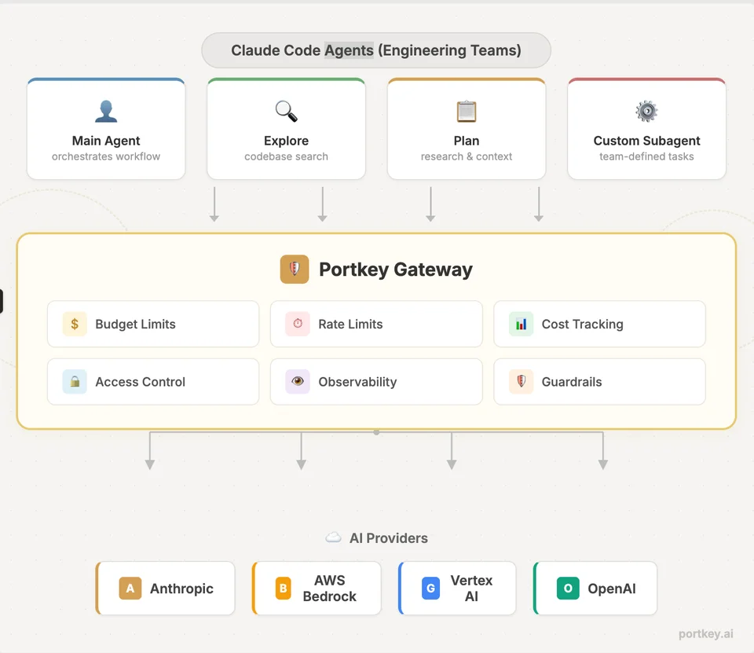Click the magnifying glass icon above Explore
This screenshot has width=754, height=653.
pyautogui.click(x=286, y=111)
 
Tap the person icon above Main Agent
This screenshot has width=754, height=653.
pyautogui.click(x=106, y=111)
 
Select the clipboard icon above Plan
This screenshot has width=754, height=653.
pyautogui.click(x=467, y=111)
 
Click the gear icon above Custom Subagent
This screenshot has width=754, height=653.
pyautogui.click(x=646, y=111)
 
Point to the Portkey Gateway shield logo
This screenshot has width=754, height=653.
pyautogui.click(x=295, y=269)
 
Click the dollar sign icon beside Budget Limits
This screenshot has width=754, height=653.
pyautogui.click(x=75, y=324)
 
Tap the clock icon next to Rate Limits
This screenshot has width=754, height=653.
pyautogui.click(x=298, y=324)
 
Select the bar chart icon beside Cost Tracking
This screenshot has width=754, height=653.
pyautogui.click(x=522, y=324)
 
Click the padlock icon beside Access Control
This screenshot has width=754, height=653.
pyautogui.click(x=75, y=382)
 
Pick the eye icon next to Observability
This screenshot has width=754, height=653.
pyautogui.click(x=298, y=382)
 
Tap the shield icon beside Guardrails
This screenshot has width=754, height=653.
pyautogui.click(x=522, y=382)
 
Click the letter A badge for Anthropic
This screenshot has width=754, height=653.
pyautogui.click(x=130, y=588)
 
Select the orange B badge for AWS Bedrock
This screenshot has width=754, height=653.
pyautogui.click(x=284, y=588)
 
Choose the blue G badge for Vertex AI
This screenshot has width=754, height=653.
pyautogui.click(x=431, y=588)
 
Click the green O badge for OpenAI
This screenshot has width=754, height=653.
pyautogui.click(x=568, y=588)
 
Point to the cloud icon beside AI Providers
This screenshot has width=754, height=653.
pyautogui.click(x=333, y=537)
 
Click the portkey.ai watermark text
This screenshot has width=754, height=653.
pyautogui.click(x=706, y=634)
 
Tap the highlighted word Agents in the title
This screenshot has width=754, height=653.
pyautogui.click(x=349, y=50)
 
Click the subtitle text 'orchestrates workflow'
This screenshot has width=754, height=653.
pyautogui.click(x=106, y=156)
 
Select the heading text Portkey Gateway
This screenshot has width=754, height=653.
pyautogui.click(x=396, y=270)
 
